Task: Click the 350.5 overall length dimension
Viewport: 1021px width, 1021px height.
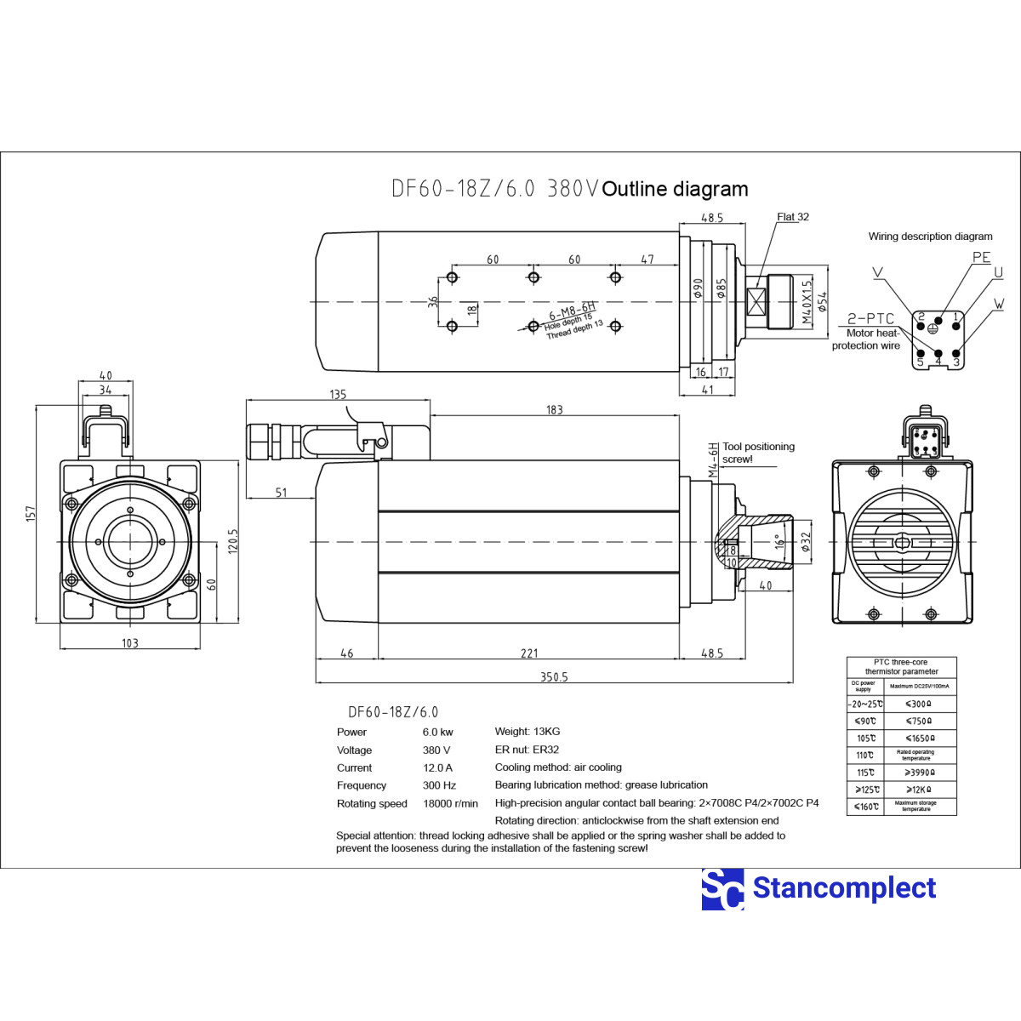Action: point(554,677)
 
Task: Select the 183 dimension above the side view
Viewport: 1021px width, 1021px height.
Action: point(554,410)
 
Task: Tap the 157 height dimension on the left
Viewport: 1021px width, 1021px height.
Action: point(31,513)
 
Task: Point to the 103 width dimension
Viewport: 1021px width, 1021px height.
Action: point(129,643)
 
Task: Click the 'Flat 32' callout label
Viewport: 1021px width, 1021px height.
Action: point(792,217)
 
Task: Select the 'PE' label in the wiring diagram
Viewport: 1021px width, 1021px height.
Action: point(981,257)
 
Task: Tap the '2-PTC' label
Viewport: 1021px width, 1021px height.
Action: point(870,319)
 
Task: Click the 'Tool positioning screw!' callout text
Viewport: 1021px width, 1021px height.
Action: point(758,453)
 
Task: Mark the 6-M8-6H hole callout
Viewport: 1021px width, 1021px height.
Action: point(573,311)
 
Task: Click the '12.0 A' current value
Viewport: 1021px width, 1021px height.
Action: point(437,767)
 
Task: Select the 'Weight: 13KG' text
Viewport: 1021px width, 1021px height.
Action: point(527,732)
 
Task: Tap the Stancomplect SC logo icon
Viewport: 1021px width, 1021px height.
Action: point(722,889)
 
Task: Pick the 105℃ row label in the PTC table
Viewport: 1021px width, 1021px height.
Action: point(865,739)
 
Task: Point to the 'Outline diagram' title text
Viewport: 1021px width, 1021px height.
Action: point(675,189)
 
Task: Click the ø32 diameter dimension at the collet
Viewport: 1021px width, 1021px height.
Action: point(805,541)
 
